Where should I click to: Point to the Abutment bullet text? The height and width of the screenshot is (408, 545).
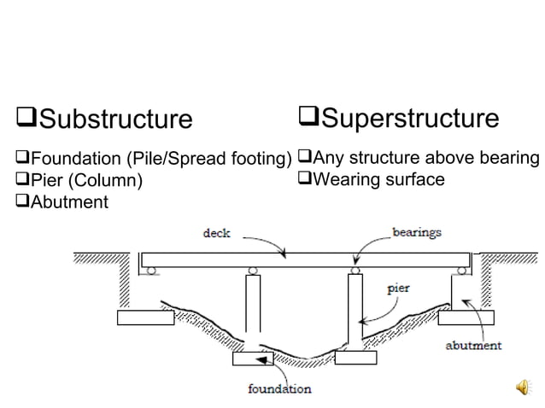tap(69, 201)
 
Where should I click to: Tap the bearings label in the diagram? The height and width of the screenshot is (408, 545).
tap(416, 231)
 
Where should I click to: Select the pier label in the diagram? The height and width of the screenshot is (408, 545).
tap(398, 289)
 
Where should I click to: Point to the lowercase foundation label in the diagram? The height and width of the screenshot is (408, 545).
tap(279, 389)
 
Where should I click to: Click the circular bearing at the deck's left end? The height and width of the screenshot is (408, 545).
tap(151, 271)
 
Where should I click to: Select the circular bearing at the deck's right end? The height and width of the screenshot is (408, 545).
tap(462, 271)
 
